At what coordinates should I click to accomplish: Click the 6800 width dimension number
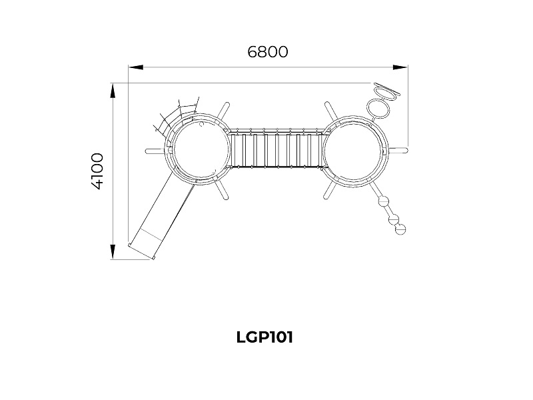click(x=268, y=52)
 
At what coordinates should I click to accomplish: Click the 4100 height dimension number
click(x=97, y=171)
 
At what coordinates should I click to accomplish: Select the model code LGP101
click(x=265, y=337)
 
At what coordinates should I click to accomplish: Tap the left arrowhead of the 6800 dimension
click(x=136, y=67)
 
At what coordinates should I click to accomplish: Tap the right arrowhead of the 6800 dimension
click(x=400, y=67)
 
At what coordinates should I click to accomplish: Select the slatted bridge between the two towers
click(x=276, y=149)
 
